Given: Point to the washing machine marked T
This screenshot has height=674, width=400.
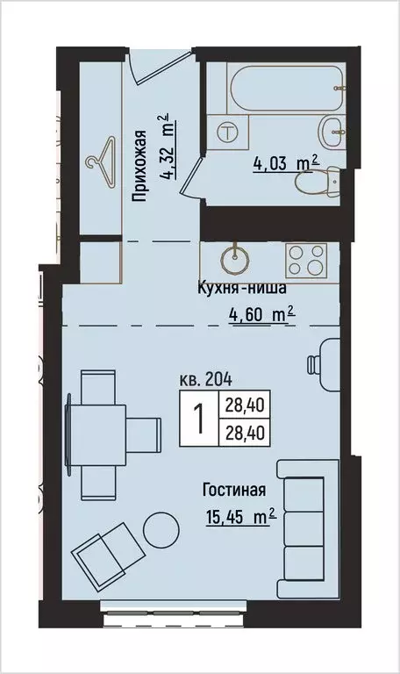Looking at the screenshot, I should (x=228, y=133).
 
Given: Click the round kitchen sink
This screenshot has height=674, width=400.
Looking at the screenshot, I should (x=234, y=259).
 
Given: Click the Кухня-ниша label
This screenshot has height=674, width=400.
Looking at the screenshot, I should (x=241, y=288).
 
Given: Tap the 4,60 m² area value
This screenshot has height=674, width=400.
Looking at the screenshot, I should (x=261, y=314).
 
